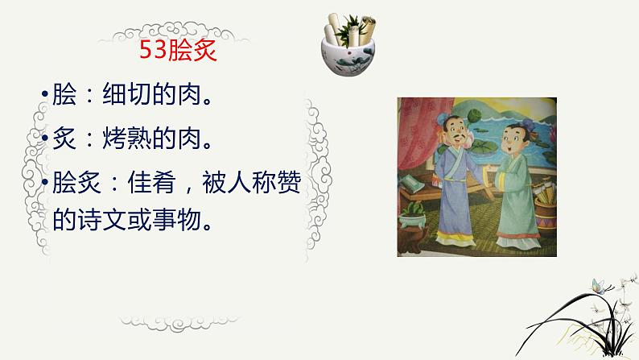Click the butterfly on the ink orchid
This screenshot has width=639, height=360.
click(597, 285)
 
